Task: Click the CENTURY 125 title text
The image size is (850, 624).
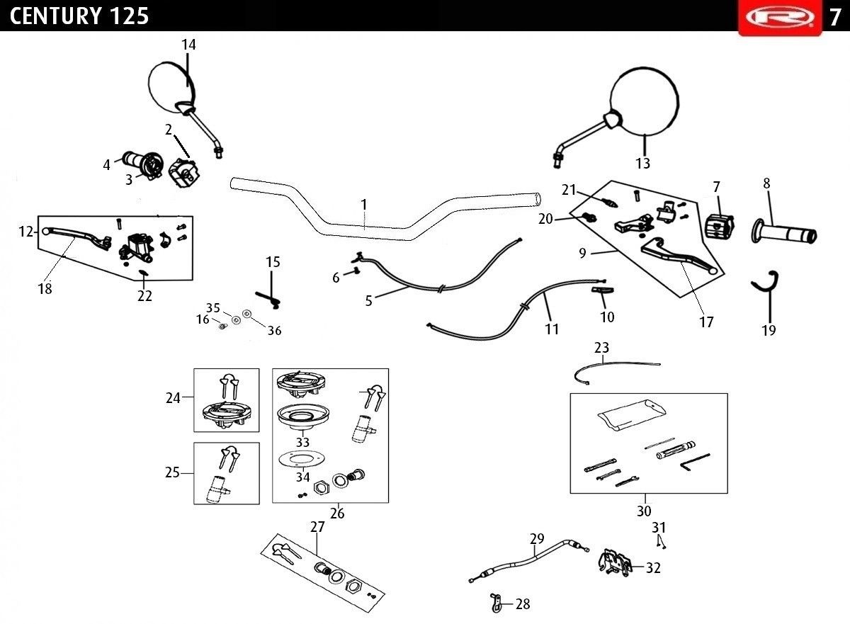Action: point(79,16)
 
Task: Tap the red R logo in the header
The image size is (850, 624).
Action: point(780,17)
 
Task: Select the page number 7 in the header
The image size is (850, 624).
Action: point(835,17)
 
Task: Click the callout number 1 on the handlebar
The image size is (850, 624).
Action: point(363,205)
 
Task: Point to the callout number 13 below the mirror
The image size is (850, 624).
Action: point(643,163)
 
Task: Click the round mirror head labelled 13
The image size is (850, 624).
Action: point(645,102)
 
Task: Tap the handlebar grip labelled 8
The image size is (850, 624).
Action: point(784,232)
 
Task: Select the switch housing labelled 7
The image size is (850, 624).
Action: point(720,227)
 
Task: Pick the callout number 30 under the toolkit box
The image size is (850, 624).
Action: point(644,511)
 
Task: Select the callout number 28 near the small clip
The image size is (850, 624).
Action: point(523,604)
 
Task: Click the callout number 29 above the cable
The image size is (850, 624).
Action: point(537,538)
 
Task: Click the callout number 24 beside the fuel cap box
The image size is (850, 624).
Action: point(173,398)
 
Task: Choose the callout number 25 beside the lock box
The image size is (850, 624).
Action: point(172,472)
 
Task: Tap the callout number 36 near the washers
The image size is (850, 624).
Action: point(274,330)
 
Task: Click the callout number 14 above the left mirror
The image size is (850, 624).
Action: point(188,45)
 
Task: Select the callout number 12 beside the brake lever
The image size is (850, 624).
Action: point(26,232)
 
